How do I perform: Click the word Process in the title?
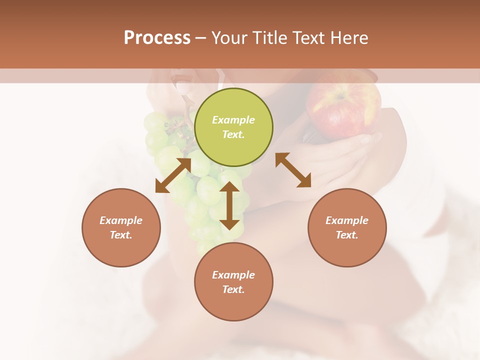coord(157,38)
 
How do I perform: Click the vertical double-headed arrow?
coord(229,205)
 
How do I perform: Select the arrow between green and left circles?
coord(173,175)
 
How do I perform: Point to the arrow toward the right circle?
coord(293,170)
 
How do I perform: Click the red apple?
coord(342,110)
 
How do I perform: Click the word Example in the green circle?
coord(233,120)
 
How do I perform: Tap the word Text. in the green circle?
coord(233,134)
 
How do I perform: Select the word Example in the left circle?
coord(121,220)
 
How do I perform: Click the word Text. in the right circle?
coord(347,235)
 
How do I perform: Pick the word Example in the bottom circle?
coord(233,275)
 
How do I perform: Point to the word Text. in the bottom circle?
coord(233,289)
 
